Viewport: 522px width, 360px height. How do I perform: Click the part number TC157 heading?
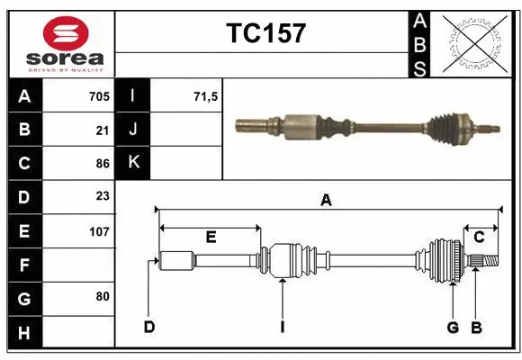(265, 34)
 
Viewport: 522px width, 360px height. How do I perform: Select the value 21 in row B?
(102, 130)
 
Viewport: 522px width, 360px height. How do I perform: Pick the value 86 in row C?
(102, 164)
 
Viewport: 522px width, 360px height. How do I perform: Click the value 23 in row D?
(102, 196)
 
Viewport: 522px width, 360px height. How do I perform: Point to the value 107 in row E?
(99, 231)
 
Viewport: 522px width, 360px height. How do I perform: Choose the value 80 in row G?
(102, 295)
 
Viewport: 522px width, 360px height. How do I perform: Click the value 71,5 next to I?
(206, 96)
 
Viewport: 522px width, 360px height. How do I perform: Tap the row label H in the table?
(24, 334)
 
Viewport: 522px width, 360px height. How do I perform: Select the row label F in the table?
(24, 266)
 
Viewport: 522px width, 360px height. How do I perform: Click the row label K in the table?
(133, 163)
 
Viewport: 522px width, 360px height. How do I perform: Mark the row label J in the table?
(133, 130)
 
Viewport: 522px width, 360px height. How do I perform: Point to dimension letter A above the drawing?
(325, 201)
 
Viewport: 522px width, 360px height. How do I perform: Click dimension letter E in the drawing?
(211, 238)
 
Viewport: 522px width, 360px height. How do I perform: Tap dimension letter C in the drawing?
(479, 238)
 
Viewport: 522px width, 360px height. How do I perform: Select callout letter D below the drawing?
(148, 327)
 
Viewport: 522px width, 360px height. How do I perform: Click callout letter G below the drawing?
(454, 327)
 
